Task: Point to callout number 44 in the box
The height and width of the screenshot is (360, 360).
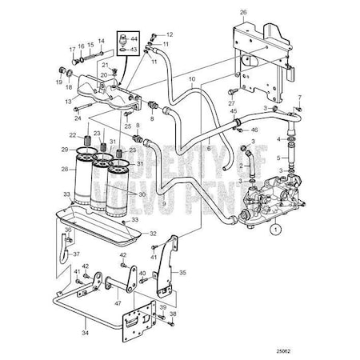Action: pos(134,38)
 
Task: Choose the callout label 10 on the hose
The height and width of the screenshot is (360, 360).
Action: pos(191,81)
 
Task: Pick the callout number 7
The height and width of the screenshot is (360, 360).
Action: pos(302,98)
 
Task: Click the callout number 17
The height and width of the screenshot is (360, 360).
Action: pos(70,48)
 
